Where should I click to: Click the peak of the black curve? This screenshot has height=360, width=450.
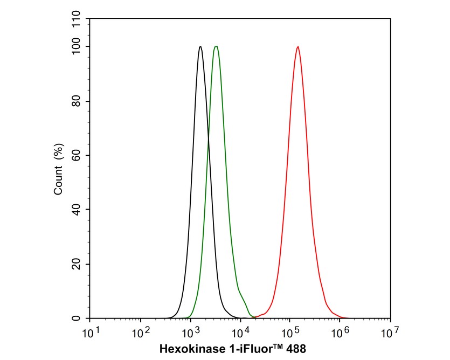[200, 46]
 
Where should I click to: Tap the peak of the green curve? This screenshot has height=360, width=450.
[216, 46]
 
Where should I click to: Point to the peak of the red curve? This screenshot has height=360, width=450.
[297, 46]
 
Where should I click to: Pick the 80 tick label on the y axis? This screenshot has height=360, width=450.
[76, 101]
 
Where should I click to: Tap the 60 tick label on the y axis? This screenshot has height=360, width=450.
[76, 156]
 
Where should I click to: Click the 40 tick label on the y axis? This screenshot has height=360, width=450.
[76, 210]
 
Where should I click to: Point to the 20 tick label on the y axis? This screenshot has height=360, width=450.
[76, 264]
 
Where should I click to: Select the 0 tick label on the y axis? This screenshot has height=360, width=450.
[79, 319]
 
